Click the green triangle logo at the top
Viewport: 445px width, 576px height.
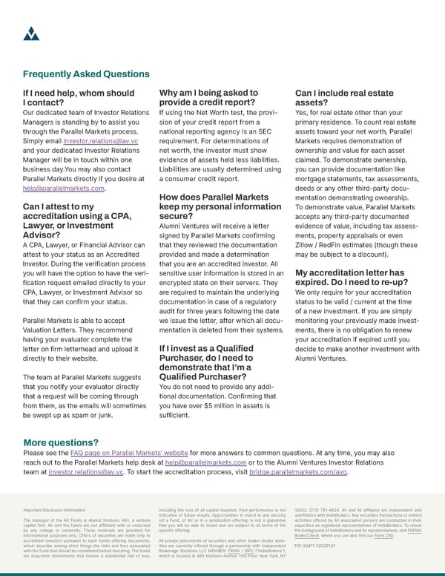31,33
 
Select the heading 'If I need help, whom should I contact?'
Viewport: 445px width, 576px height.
79,99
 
